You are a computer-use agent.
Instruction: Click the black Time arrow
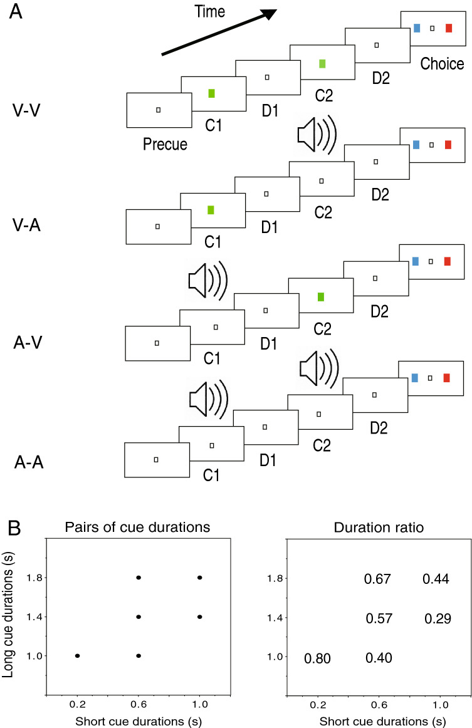click(x=219, y=33)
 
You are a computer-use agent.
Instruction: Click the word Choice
click(x=442, y=63)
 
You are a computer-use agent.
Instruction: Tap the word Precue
click(x=165, y=144)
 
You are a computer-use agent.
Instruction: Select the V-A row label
click(x=28, y=226)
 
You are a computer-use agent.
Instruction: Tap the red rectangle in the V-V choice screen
click(x=448, y=28)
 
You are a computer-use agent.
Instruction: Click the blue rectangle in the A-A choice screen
click(x=414, y=377)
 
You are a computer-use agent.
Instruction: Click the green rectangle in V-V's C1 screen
click(x=212, y=93)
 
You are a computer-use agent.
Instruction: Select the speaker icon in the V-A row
click(x=317, y=135)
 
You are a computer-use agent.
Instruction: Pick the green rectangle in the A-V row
click(x=321, y=296)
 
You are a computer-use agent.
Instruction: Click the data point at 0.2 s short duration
click(x=77, y=655)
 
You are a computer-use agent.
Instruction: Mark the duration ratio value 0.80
click(x=317, y=658)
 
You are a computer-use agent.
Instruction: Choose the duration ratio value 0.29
click(x=436, y=619)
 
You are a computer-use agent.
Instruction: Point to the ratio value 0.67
click(x=377, y=580)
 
